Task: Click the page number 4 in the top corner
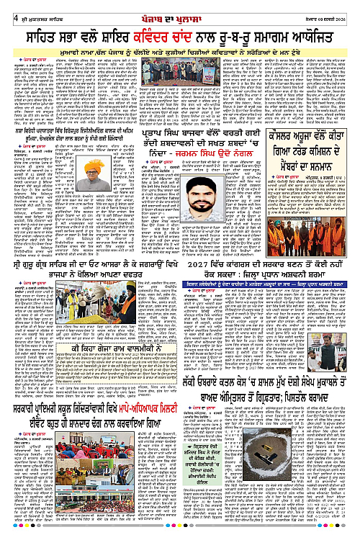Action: [6, 8]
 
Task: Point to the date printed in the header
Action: [333, 9]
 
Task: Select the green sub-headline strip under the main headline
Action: [180, 52]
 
